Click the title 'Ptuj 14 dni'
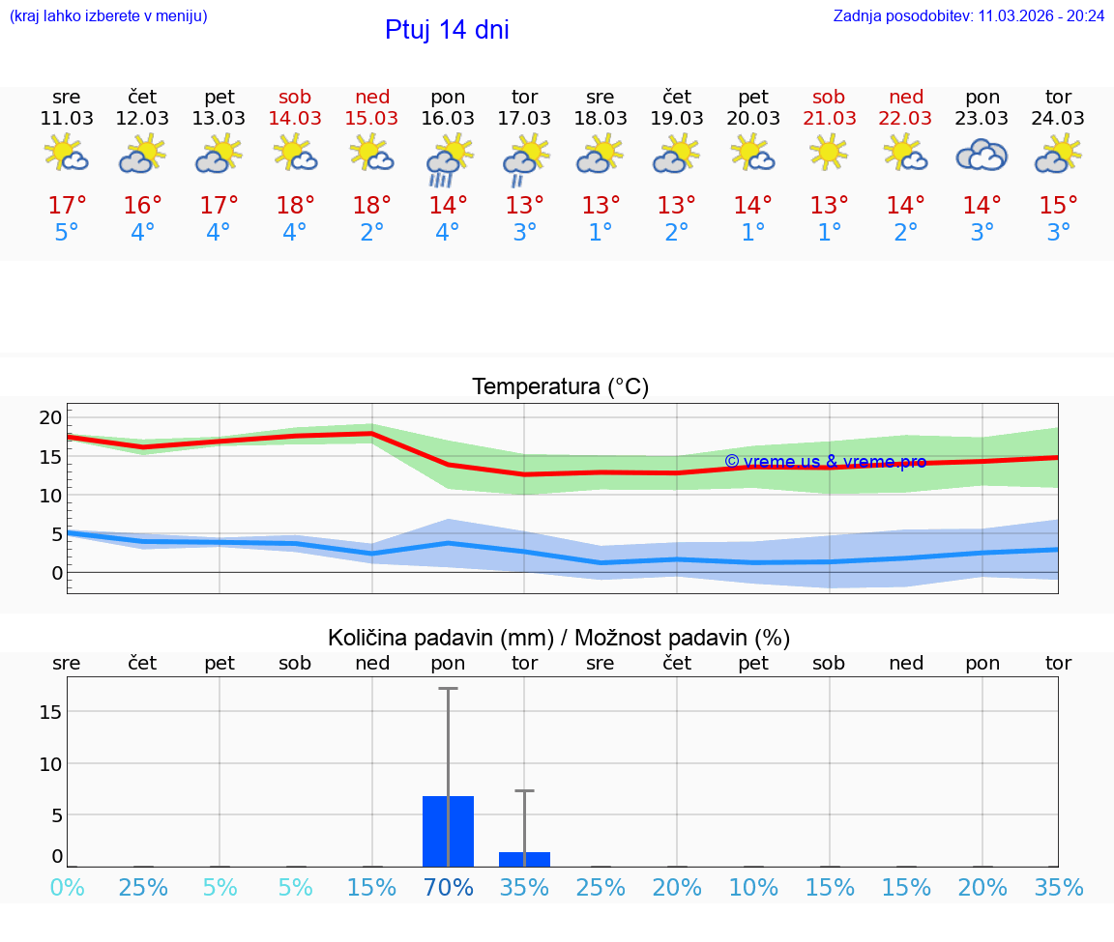pos(447,30)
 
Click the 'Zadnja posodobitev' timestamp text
pos(968,15)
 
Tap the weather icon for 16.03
pos(448,158)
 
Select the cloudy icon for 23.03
pos(982,155)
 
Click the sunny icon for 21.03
pos(830,153)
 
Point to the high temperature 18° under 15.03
pos(372,206)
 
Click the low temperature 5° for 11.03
pos(67,233)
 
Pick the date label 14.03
pos(296,118)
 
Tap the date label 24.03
pos(1059,118)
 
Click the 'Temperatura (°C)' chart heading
pos(561,387)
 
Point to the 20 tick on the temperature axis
pos(50,417)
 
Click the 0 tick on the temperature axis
pos(56,573)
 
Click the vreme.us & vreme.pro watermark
pos(825,462)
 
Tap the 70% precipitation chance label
pos(448,887)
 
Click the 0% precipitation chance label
pos(67,887)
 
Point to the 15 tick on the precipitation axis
pos(50,712)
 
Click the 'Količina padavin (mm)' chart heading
pos(559,638)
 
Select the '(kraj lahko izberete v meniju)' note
pos(108,15)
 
